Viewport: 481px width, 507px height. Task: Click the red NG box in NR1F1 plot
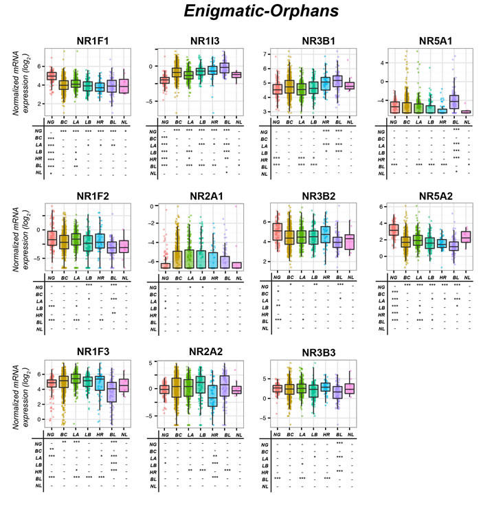pos(51,76)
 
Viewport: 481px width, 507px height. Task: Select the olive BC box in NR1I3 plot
pos(177,72)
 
